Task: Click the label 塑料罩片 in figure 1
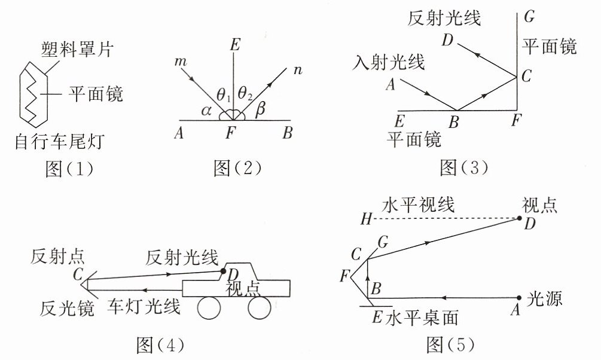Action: [x=77, y=50]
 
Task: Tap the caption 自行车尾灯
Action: [x=59, y=142]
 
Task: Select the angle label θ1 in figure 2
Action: [x=224, y=95]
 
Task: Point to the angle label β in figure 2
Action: [x=260, y=109]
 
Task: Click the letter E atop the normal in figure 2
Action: [x=235, y=45]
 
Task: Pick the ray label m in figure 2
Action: [x=181, y=61]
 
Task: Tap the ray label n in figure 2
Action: [x=298, y=70]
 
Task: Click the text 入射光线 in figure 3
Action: [x=389, y=62]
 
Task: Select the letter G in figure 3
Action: [x=529, y=17]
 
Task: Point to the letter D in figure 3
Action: [x=447, y=39]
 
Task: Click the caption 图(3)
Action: [x=464, y=167]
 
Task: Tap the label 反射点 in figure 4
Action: [x=57, y=257]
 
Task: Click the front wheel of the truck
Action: [x=209, y=307]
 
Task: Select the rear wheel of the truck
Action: [x=260, y=307]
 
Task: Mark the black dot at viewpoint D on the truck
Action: [x=223, y=271]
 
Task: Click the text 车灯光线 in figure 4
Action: [x=144, y=307]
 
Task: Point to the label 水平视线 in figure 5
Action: [x=419, y=205]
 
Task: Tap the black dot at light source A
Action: [x=519, y=297]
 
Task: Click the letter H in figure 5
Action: [x=366, y=219]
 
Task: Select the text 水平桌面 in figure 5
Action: [x=422, y=318]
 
